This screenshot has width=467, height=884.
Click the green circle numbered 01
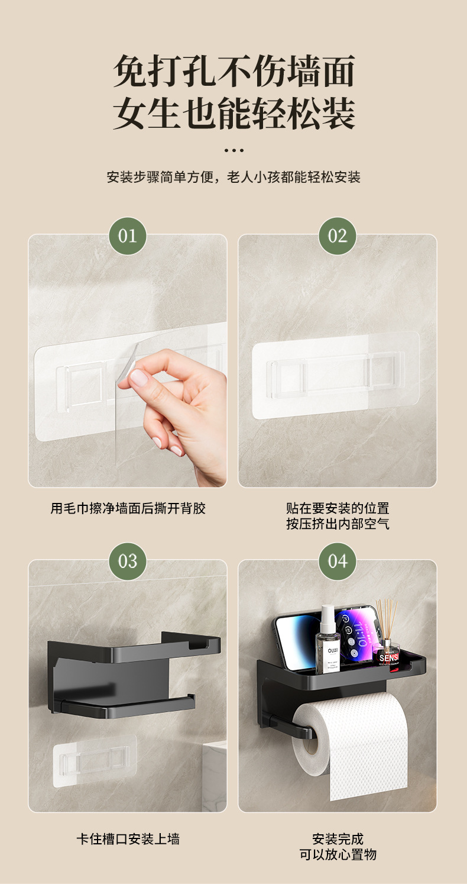pyautogui.click(x=128, y=236)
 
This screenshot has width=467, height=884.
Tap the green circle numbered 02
pyautogui.click(x=337, y=236)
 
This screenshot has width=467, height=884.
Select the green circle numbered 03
pyautogui.click(x=128, y=561)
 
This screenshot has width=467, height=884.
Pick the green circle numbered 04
pyautogui.click(x=337, y=561)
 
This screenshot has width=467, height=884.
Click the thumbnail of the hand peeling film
pyautogui.click(x=128, y=361)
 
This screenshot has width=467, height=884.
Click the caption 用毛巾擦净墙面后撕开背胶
pyautogui.click(x=128, y=508)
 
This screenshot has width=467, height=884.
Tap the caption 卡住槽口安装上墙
pyautogui.click(x=128, y=838)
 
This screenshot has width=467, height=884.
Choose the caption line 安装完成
pyautogui.click(x=338, y=838)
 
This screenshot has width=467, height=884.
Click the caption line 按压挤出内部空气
pyautogui.click(x=338, y=524)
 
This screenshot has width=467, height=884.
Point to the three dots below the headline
pyautogui.click(x=234, y=150)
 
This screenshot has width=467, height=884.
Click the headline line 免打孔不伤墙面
pyautogui.click(x=234, y=72)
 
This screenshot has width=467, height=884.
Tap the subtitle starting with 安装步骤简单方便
pyautogui.click(x=234, y=177)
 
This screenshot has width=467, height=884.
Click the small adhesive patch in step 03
pyautogui.click(x=95, y=760)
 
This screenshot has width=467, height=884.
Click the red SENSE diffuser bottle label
pyautogui.click(x=388, y=657)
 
